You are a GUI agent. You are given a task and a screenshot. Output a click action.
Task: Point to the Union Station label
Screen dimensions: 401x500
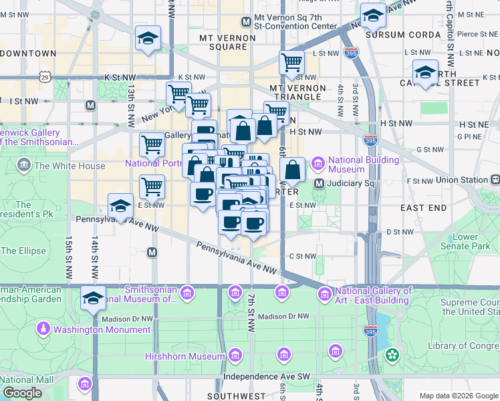pyautogui.click(x=462, y=180)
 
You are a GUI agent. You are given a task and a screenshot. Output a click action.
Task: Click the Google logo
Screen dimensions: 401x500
pyautogui.click(x=22, y=393)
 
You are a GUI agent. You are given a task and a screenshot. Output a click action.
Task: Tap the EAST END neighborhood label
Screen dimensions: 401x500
pyautogui.click(x=424, y=208)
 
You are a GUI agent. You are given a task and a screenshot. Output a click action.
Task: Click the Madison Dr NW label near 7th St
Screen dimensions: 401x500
pyautogui.click(x=283, y=316)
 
